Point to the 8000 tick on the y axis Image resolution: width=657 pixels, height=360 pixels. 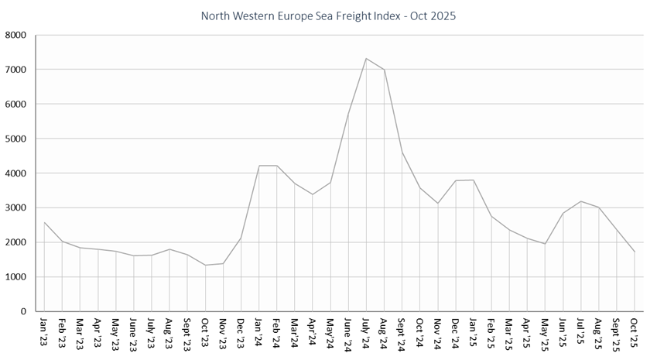pos(16,35)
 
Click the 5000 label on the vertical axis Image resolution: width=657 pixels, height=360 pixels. pos(16,139)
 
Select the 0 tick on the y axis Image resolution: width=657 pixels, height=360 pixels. pos(23,311)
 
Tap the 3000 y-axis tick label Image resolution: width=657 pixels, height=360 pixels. pos(16,207)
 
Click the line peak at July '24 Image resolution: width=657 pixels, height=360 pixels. pos(367,58)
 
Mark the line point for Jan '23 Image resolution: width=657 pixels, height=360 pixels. pos(44,222)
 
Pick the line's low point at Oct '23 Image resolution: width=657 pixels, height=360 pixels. pos(206,265)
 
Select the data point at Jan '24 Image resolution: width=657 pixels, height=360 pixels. pos(259,166)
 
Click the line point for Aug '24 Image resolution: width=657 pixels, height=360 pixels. pos(385,70)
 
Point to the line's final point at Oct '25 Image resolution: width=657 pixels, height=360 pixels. pos(635,252)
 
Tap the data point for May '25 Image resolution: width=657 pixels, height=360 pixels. pos(546,244)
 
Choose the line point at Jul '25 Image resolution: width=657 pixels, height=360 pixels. pos(582,201)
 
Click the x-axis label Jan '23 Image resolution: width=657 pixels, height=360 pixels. pos(44,331)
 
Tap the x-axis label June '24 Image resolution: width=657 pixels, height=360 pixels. pos(349,333)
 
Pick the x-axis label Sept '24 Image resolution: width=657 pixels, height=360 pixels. pos(402,334)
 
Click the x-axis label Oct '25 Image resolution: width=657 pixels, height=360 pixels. pos(635,331)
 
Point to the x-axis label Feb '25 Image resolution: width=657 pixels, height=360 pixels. pos(492,331)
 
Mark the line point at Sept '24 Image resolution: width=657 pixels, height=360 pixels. pos(402,153)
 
